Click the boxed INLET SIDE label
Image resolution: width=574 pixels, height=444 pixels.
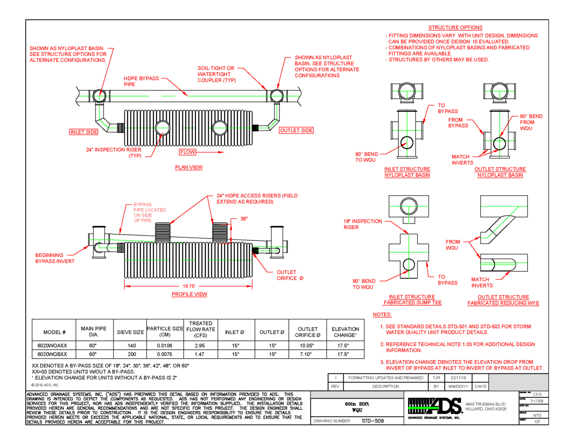click(84, 132)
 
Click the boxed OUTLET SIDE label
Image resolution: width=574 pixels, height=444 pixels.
click(296, 130)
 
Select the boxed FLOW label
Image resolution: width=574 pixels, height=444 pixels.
click(188, 152)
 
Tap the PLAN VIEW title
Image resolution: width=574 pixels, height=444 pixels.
click(188, 168)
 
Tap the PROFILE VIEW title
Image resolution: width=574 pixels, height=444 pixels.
click(189, 294)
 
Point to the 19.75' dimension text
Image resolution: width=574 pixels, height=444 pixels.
click(189, 287)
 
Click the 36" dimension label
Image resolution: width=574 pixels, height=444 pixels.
click(244, 219)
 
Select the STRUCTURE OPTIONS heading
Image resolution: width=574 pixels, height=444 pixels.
click(455, 27)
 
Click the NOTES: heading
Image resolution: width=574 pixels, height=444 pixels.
click(382, 314)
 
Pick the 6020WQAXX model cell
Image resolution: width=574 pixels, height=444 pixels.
click(52, 346)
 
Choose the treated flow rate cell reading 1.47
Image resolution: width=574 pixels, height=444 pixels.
click(199, 354)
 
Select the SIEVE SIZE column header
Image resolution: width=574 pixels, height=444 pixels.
click(130, 332)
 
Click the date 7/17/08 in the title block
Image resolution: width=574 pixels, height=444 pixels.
click(536, 401)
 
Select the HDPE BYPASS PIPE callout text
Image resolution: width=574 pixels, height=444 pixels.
click(141, 81)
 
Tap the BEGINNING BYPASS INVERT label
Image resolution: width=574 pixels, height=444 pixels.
click(54, 258)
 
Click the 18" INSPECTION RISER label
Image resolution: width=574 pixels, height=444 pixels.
click(362, 224)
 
